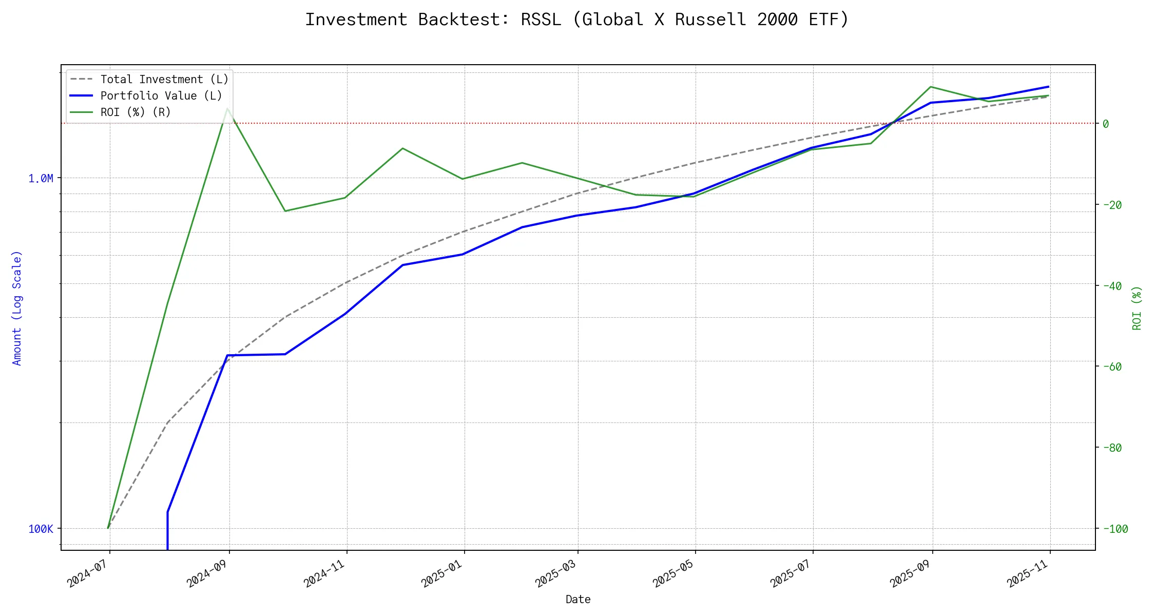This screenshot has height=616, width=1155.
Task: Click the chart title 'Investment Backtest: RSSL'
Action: point(577,20)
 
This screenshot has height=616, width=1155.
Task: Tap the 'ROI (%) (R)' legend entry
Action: point(136,112)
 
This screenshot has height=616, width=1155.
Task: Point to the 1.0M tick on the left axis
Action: point(41,179)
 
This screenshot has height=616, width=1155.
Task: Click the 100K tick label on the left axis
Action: point(41,529)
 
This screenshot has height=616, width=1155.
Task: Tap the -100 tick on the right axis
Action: point(1115,529)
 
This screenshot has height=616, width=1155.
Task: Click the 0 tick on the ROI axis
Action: point(1106,124)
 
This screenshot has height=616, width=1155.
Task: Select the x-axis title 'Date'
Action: point(578,600)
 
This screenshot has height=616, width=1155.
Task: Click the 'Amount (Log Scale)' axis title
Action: point(17,308)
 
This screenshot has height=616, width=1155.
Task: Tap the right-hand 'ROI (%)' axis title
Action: point(1137,308)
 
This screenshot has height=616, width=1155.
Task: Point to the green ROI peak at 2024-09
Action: point(227,108)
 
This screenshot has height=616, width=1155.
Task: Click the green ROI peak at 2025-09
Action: point(931,87)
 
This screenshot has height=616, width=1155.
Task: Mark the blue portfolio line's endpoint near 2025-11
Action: point(1048,87)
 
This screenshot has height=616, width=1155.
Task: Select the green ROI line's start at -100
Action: point(108,528)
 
